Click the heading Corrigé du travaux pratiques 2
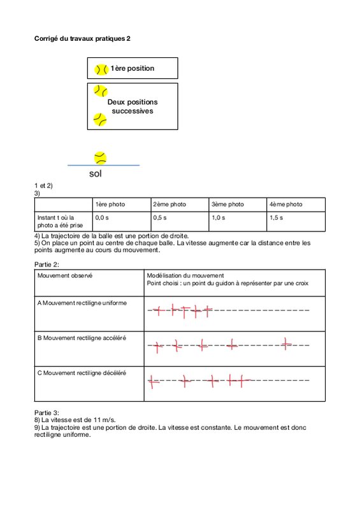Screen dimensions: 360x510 click(82, 39)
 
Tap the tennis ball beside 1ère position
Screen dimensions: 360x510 click(101, 69)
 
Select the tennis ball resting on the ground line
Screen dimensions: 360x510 click(101, 158)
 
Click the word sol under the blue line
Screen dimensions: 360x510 click(96, 173)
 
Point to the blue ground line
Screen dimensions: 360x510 click(103, 165)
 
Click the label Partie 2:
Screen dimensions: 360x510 click(47, 265)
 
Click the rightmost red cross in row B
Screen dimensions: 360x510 click(286, 344)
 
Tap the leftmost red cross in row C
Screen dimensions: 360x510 click(152, 381)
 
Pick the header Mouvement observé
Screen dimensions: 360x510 click(65, 275)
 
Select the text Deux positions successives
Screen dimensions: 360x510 click(133, 106)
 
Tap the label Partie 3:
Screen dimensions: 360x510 click(47, 412)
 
